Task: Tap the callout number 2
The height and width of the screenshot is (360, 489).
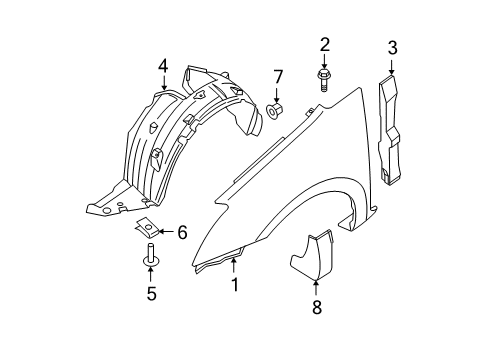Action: point(324,44)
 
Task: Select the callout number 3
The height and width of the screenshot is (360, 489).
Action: point(392,46)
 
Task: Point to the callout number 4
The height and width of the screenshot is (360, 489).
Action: point(163,67)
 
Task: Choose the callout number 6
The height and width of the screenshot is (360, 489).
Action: point(182,231)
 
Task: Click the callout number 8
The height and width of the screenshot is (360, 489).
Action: point(317,308)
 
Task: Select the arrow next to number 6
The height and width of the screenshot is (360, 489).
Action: point(168,231)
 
